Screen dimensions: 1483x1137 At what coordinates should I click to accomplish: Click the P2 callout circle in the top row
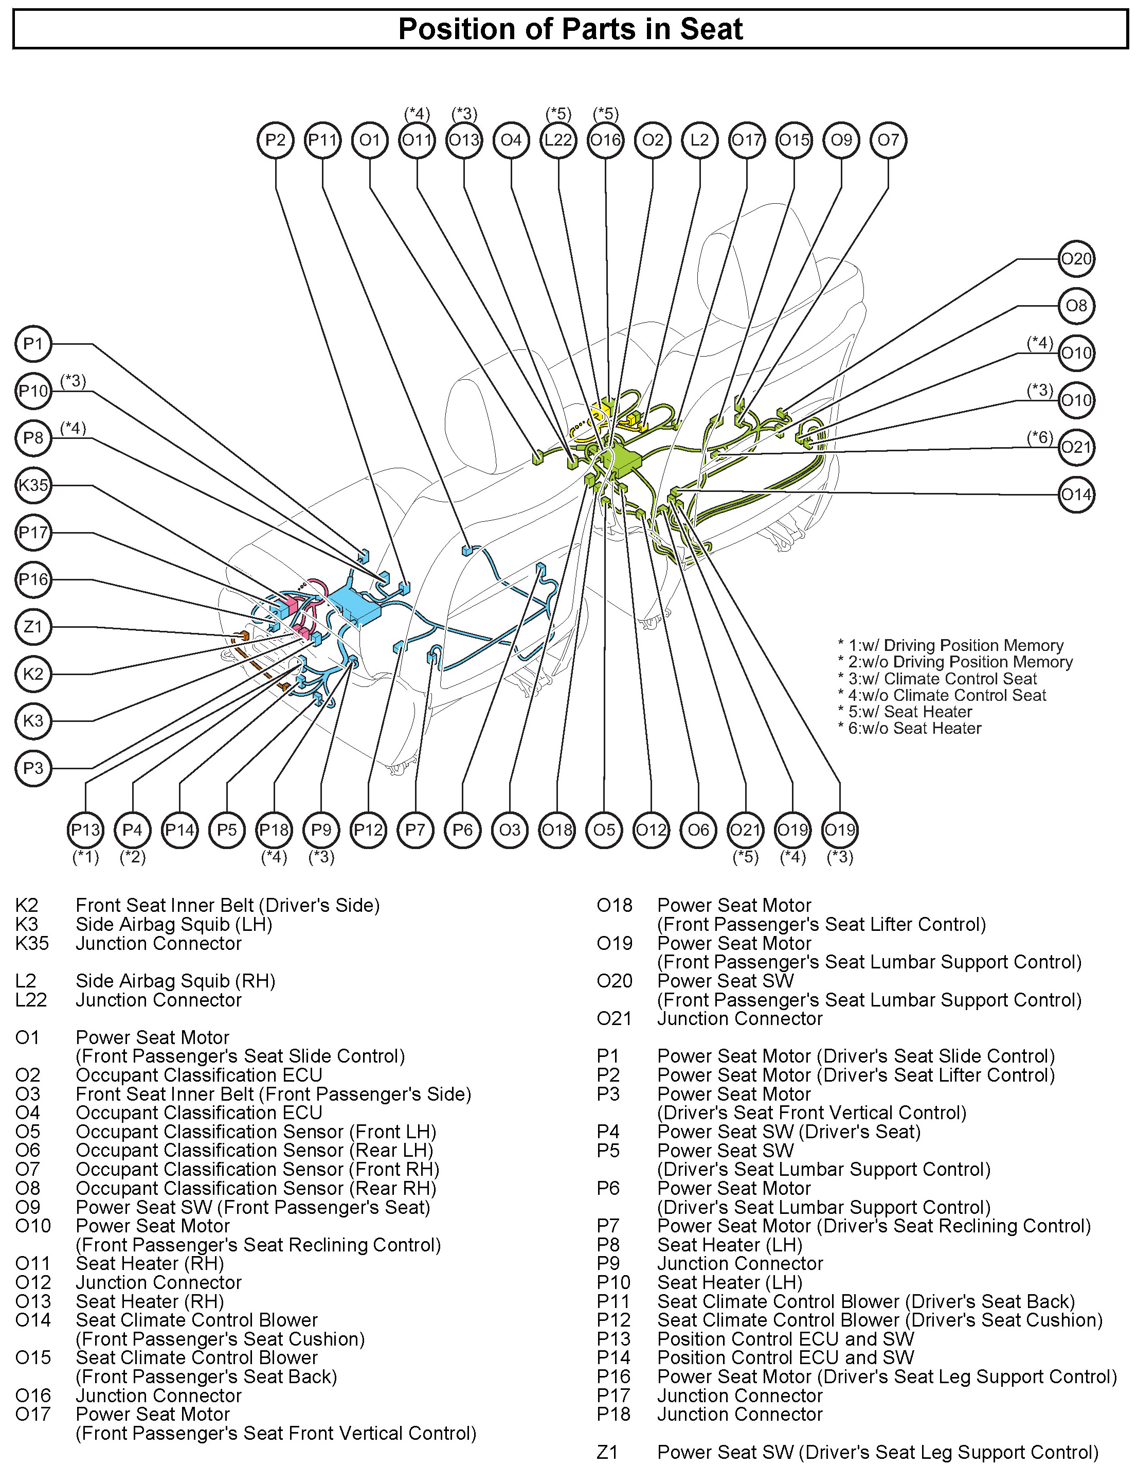276,140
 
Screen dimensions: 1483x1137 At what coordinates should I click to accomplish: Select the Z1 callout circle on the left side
33,626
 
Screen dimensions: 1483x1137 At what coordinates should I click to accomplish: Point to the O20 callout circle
1076,259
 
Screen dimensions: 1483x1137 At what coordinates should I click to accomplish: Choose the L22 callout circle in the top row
558,140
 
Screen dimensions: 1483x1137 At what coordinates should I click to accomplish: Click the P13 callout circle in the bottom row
85,829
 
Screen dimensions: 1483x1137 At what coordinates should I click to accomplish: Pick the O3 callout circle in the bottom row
510,829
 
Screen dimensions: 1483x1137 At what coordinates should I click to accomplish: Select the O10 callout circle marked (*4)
1076,353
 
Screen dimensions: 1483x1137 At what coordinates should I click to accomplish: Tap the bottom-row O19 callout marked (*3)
840,829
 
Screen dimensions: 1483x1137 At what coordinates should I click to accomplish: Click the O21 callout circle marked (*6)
1076,447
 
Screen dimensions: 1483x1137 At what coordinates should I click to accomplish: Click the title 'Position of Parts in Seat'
570,29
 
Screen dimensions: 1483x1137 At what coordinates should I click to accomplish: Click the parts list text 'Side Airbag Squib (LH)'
174,924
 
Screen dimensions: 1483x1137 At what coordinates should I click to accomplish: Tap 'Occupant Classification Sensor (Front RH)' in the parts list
257,1170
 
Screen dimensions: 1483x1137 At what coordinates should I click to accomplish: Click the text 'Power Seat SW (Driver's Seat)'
788,1132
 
